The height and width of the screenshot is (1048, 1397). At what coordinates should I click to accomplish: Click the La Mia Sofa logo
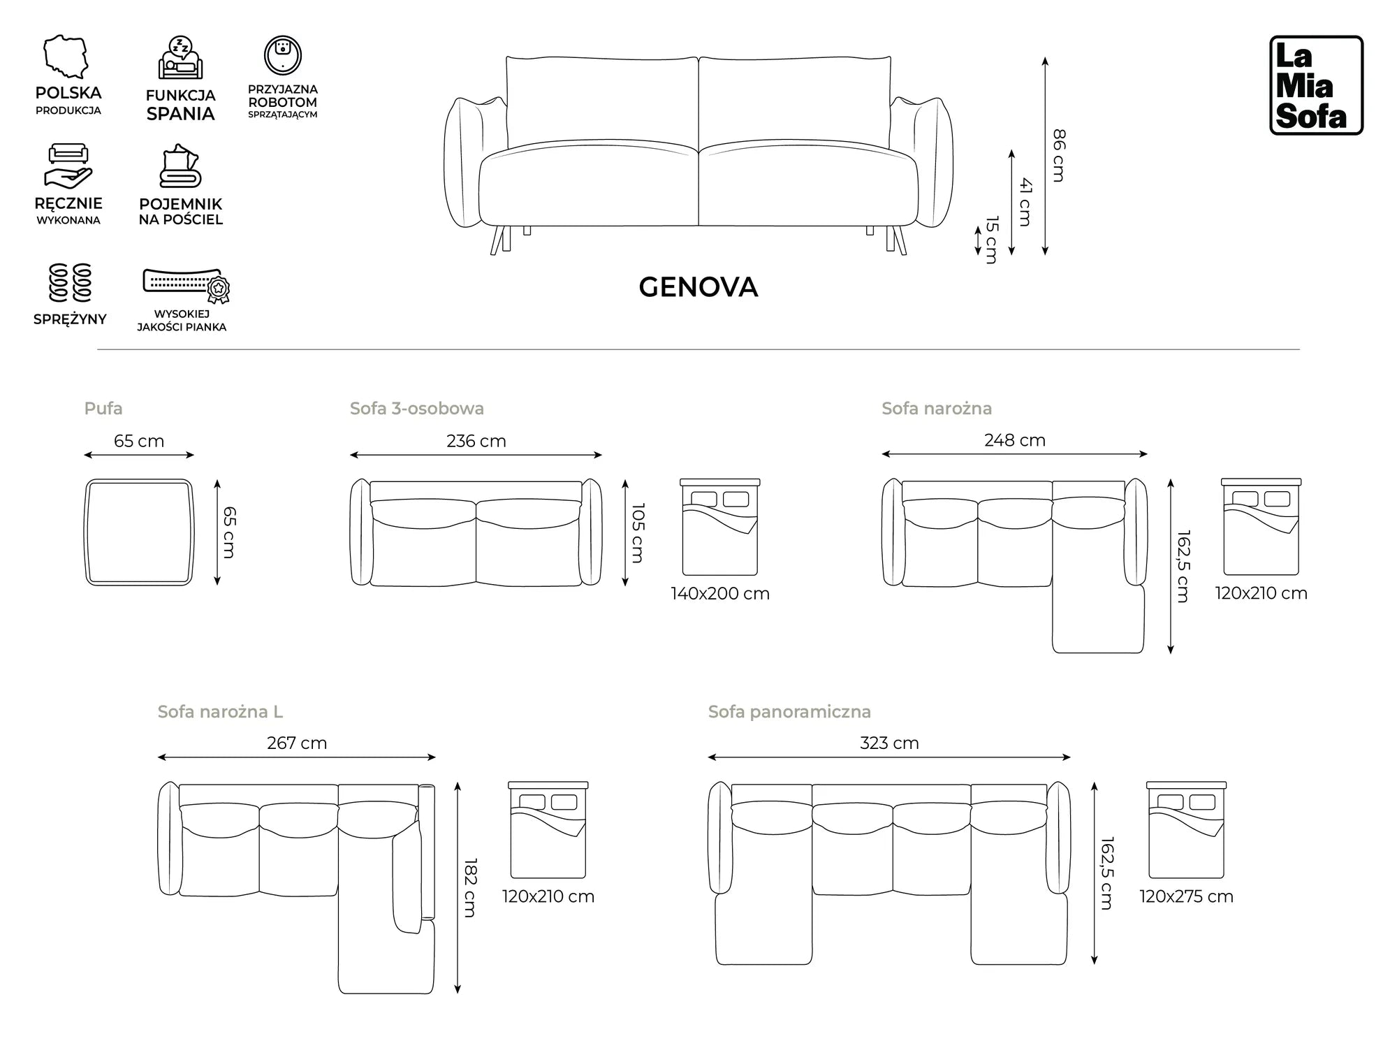click(1316, 85)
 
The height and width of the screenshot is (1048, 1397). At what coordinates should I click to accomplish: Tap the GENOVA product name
click(698, 287)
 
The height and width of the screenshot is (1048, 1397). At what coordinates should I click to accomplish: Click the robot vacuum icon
click(282, 55)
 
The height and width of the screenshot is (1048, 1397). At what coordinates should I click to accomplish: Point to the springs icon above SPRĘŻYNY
click(70, 282)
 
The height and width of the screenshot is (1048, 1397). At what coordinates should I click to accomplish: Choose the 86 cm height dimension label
click(1059, 155)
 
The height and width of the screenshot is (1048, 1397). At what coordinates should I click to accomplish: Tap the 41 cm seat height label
click(1025, 202)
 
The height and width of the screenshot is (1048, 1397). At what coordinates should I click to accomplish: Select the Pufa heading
click(103, 408)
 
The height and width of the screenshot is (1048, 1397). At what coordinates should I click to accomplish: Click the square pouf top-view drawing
click(139, 532)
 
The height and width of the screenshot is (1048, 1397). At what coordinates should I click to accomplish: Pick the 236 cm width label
click(476, 441)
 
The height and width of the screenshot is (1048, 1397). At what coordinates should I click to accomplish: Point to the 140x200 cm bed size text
click(719, 593)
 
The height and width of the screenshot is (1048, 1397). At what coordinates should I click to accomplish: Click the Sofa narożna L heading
click(220, 711)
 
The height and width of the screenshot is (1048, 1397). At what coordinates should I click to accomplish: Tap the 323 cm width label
click(888, 743)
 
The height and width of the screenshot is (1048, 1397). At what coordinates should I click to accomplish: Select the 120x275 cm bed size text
click(1186, 896)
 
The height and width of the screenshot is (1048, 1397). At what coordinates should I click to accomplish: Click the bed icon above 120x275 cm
click(1186, 830)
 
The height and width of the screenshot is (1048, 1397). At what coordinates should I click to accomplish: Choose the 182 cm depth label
click(470, 887)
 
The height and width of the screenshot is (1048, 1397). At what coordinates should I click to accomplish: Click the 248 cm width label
click(1014, 440)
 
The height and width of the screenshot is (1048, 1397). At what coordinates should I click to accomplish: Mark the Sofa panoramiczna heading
click(789, 711)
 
